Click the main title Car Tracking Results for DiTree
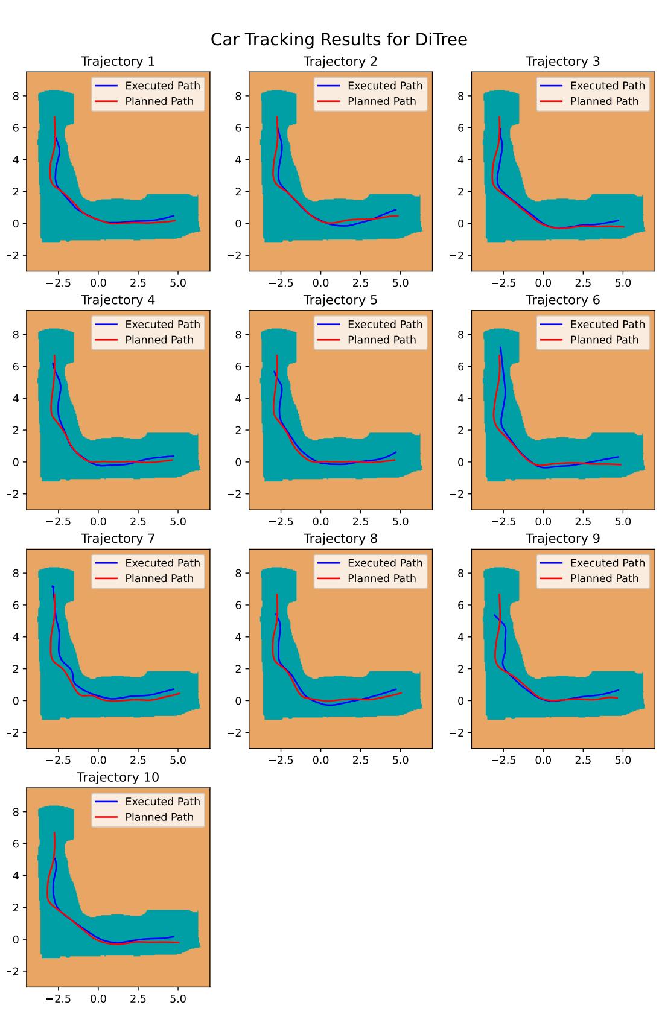coord(339,40)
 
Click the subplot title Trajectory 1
coord(118,62)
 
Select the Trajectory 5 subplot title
coord(340,300)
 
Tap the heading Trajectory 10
coord(118,778)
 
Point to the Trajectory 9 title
coord(562,539)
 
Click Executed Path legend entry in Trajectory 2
coord(384,86)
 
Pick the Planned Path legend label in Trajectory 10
coord(159,817)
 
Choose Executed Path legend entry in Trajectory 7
coord(162,563)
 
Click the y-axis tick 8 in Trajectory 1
coord(17,96)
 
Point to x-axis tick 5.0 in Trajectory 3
coord(623,283)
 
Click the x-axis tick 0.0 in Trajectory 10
coord(98,999)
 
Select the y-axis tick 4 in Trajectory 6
coord(462,399)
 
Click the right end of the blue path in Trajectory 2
coord(396,210)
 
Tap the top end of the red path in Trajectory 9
coord(500,594)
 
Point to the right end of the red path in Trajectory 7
coord(179,694)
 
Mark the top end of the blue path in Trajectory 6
coord(500,347)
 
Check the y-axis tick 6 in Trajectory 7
coord(17,605)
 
